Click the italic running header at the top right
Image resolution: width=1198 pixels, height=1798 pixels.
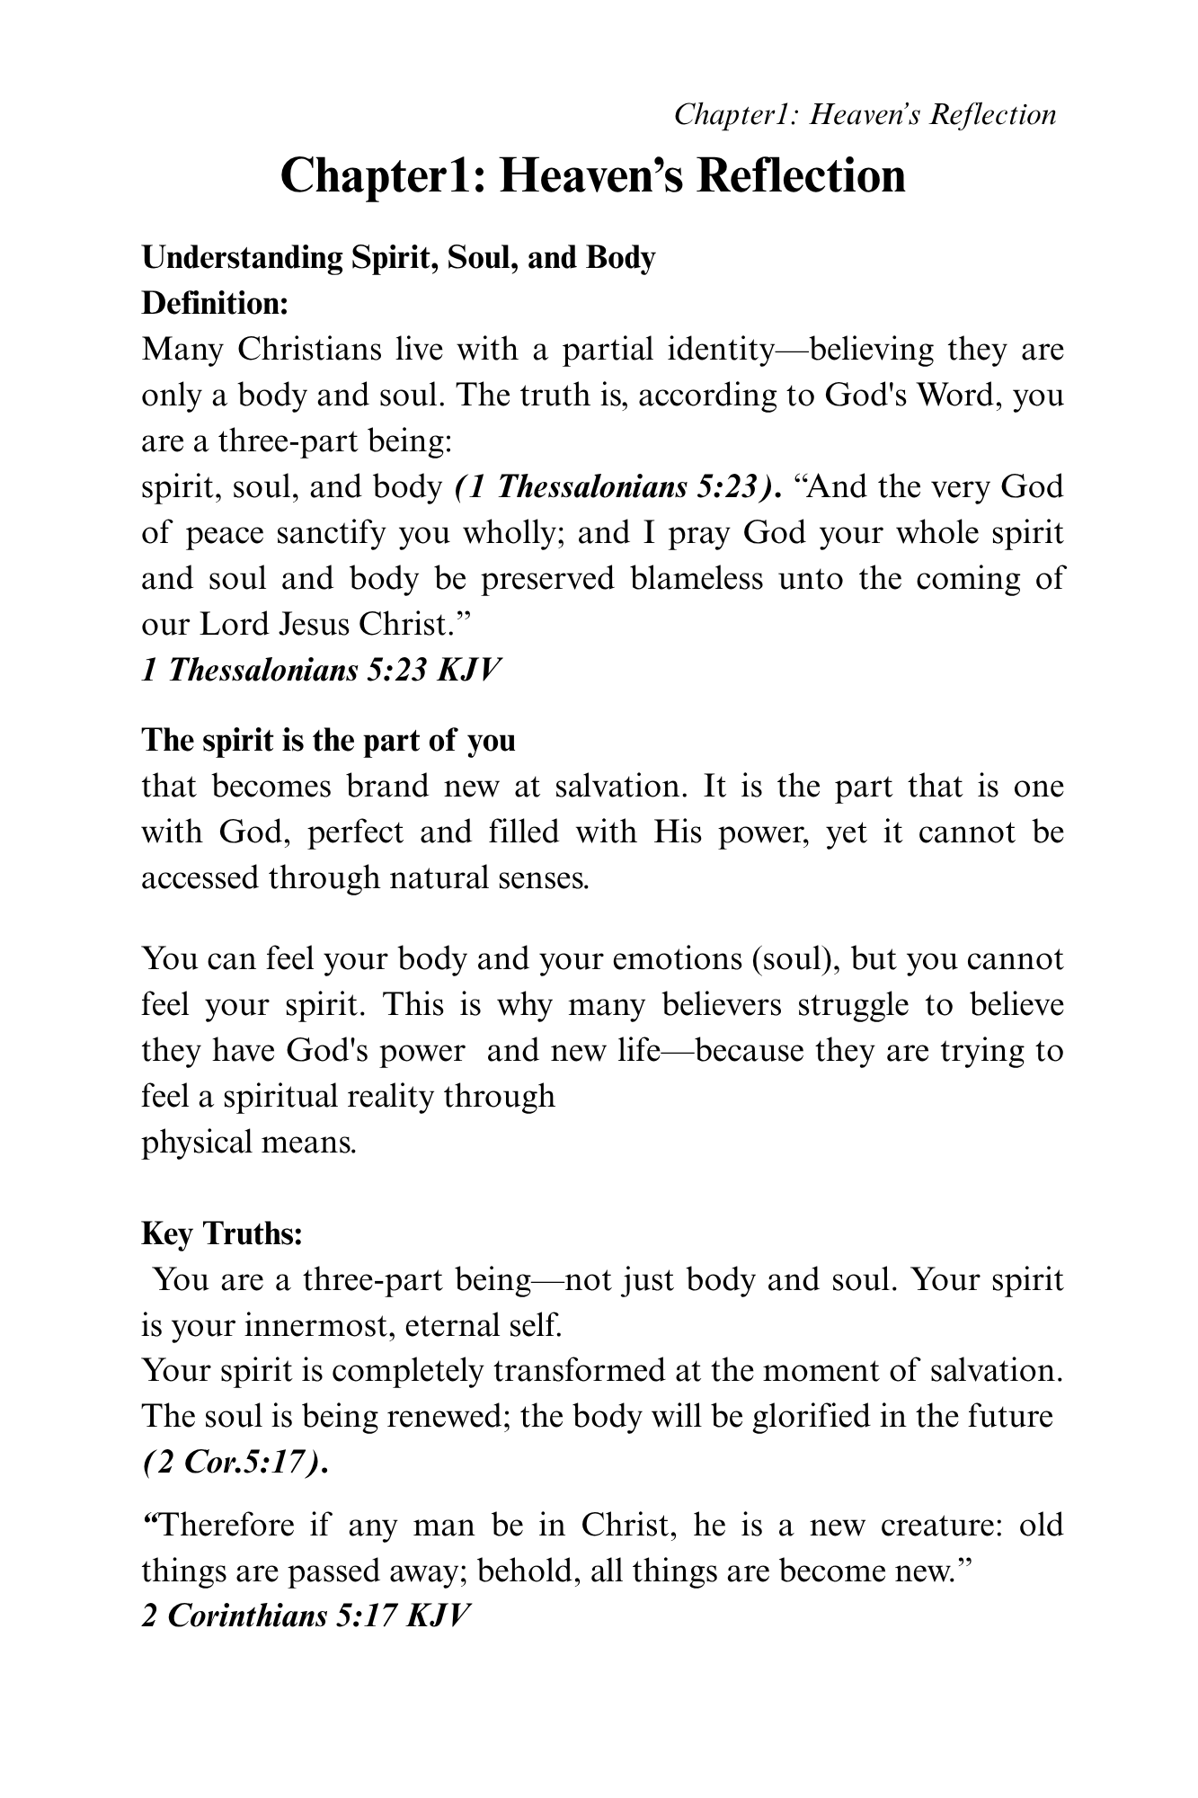[865, 115]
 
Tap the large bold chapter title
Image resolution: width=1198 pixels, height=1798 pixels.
[593, 175]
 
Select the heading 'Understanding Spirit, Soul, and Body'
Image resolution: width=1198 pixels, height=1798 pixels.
[399, 258]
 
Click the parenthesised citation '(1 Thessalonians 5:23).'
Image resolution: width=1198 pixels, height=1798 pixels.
[617, 487]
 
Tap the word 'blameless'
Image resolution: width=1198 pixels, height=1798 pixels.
[697, 578]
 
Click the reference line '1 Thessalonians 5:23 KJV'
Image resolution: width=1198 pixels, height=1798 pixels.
[319, 671]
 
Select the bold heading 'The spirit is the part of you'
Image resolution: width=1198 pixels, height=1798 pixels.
[329, 740]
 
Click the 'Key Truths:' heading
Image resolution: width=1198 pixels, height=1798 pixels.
[222, 1233]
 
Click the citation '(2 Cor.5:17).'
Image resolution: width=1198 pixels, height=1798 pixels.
[235, 1463]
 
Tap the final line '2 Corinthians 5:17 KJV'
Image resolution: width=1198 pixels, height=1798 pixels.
[306, 1616]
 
